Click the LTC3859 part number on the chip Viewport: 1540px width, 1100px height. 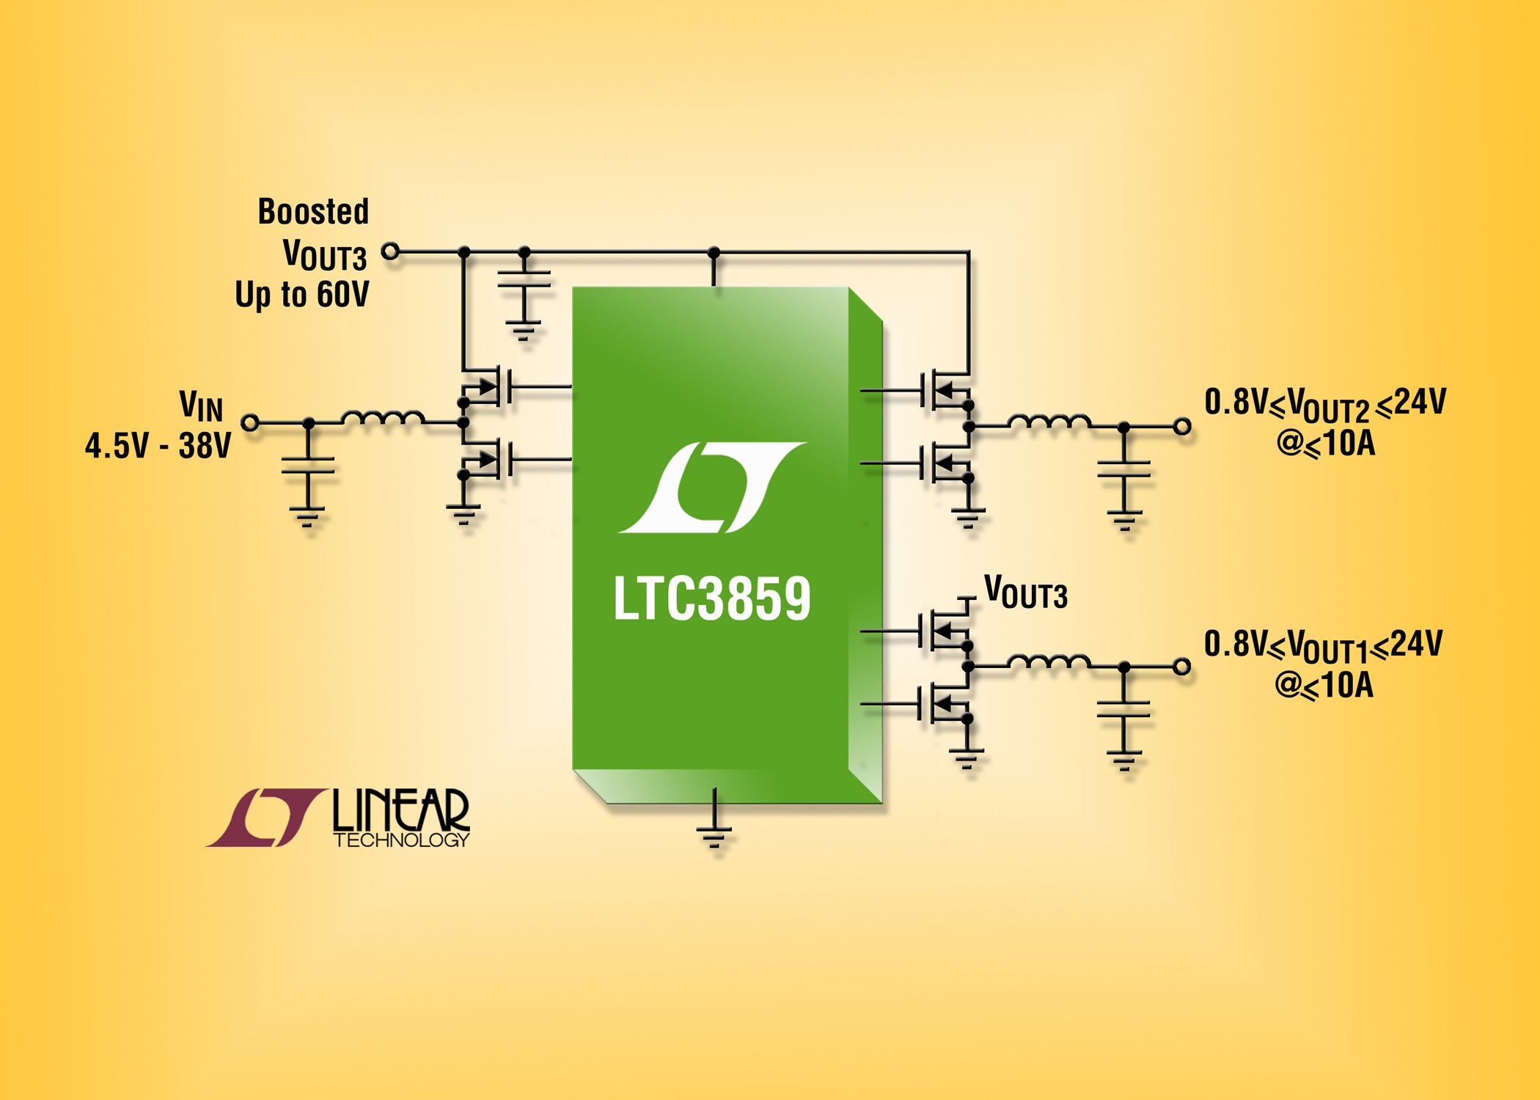point(712,598)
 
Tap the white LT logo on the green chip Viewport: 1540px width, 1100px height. point(712,487)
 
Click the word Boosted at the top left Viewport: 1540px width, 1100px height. point(313,212)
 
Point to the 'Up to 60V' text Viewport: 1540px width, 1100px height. point(302,295)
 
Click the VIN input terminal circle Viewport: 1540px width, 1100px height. point(251,422)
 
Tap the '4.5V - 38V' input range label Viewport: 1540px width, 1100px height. point(158,446)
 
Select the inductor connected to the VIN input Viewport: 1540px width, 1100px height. point(383,418)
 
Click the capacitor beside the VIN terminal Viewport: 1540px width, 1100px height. point(308,466)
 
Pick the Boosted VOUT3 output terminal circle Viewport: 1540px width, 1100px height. point(391,252)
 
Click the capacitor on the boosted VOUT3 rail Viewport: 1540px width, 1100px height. point(524,279)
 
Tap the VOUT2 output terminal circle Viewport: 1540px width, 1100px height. point(1182,426)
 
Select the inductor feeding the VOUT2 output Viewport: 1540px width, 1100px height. point(1049,422)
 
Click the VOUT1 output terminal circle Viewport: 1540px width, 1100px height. point(1181,667)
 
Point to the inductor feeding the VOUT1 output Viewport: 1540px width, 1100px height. point(1049,662)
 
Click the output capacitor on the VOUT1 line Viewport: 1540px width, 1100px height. point(1123,709)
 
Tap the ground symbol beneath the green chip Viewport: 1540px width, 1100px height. point(714,837)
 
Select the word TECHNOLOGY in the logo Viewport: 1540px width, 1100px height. point(401,840)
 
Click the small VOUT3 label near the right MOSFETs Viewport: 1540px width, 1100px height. point(1025,593)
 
